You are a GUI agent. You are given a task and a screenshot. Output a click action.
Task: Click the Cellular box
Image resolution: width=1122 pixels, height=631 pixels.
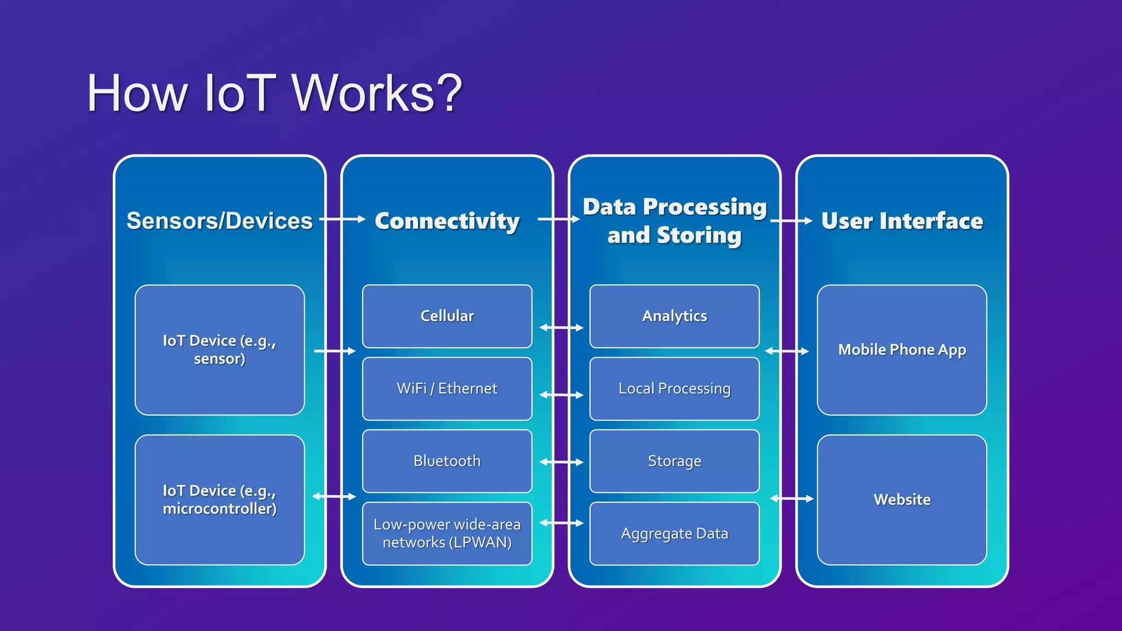447,316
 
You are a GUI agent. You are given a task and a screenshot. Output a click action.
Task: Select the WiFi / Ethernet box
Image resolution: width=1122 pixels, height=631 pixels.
447,388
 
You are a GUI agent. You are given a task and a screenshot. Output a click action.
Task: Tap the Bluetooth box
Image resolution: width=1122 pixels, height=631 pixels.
447,461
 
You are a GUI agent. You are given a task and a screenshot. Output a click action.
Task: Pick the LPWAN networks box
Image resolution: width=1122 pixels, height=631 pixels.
447,533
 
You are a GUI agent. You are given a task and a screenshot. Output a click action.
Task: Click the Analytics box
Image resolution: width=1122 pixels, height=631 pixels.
674,316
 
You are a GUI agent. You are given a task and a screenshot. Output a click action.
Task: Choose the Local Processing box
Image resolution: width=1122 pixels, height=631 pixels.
674,388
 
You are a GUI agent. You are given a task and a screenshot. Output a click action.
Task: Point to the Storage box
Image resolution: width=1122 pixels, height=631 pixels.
674,461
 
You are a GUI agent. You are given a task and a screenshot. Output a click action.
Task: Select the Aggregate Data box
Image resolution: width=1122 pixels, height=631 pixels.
674,533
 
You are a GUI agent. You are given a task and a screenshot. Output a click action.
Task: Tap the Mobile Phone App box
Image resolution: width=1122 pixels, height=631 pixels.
902,349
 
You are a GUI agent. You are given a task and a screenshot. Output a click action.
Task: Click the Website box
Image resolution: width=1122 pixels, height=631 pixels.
902,500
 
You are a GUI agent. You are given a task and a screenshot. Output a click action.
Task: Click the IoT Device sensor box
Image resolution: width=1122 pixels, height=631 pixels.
220,349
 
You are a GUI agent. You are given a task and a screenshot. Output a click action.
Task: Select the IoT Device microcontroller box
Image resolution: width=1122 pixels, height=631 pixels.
220,500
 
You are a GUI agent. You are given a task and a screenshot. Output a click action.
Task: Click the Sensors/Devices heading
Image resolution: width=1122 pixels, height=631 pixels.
220,221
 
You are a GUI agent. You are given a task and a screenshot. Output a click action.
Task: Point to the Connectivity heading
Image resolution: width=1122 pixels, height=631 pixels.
447,221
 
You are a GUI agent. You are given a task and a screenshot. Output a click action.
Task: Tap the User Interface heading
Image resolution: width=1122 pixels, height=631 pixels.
902,221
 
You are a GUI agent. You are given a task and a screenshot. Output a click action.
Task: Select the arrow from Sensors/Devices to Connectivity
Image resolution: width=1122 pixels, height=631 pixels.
342,219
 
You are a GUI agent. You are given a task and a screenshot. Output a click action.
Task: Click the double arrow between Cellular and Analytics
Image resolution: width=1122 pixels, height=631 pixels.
562,328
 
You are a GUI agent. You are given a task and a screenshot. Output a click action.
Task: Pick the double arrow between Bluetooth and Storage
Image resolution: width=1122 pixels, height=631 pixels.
562,462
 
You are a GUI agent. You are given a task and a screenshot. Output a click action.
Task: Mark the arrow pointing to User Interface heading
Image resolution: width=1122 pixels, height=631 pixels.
791,221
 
